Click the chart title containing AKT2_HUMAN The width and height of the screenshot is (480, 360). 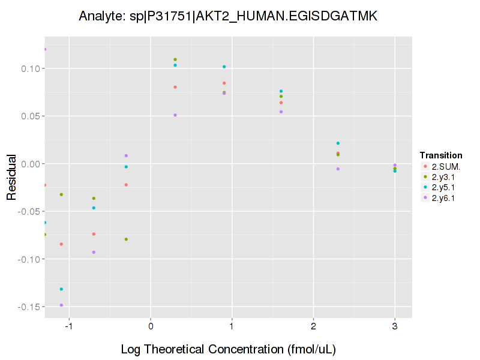[228, 17]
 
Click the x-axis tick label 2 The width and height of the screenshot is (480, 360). [313, 326]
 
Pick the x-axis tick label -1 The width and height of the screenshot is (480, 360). [68, 326]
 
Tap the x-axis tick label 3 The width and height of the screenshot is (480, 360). [395, 326]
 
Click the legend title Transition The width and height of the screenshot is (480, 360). [440, 155]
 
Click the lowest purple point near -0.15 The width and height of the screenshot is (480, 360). [61, 305]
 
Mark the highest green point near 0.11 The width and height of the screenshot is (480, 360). [175, 59]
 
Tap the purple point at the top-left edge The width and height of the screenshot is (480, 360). [44, 49]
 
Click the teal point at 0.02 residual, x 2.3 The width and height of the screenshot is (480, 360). [338, 143]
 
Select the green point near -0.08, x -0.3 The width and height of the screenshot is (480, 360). [126, 239]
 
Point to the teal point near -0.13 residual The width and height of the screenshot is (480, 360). [61, 289]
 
